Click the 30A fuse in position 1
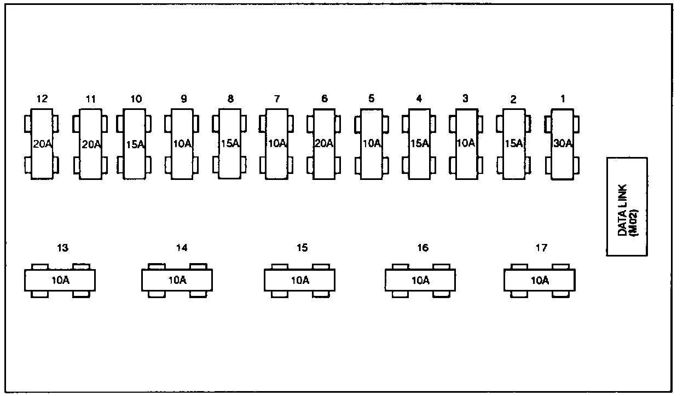click(562, 144)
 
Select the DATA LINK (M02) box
click(627, 206)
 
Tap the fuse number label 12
click(42, 99)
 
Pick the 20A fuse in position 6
click(324, 144)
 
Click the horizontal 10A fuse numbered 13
click(60, 281)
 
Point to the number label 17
click(541, 248)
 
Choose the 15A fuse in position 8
click(230, 144)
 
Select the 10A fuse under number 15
click(299, 281)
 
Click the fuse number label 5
click(372, 99)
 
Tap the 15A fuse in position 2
click(513, 144)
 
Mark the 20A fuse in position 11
click(91, 144)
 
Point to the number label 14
click(182, 248)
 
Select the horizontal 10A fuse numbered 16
click(420, 281)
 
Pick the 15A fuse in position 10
click(135, 144)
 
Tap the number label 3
click(465, 99)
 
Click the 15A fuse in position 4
click(419, 144)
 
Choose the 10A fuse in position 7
click(277, 144)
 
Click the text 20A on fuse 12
click(42, 144)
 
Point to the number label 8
click(230, 99)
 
